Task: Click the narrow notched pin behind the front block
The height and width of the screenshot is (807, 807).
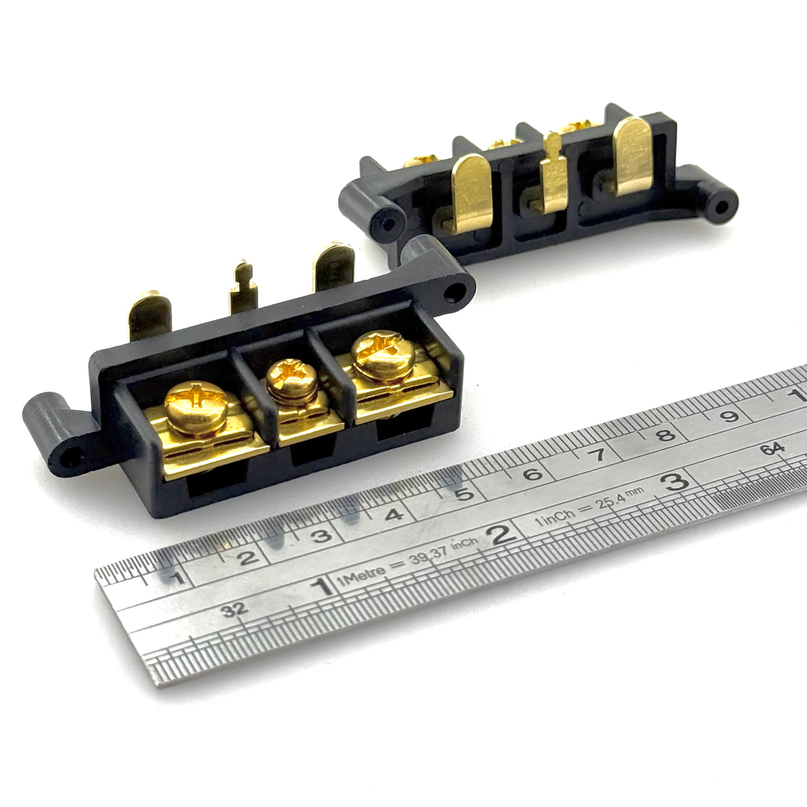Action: [243, 286]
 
